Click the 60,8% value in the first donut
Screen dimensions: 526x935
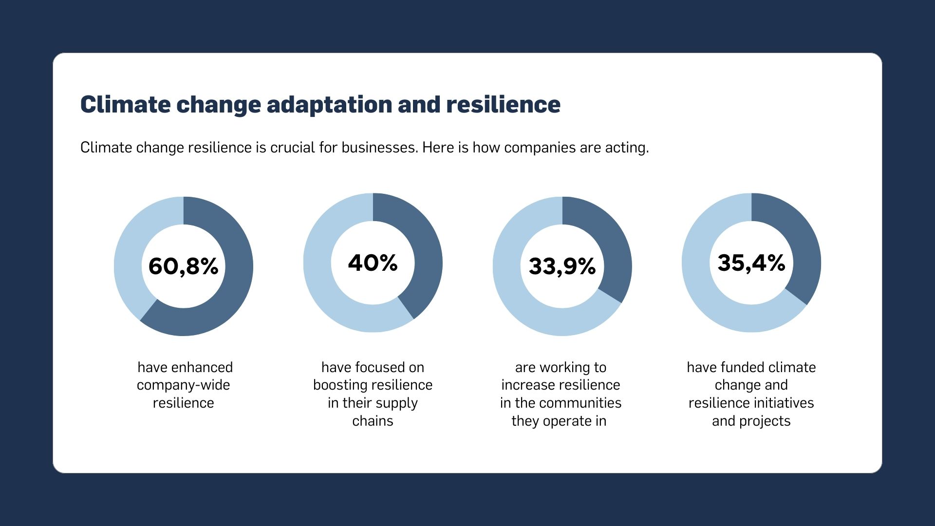pos(183,266)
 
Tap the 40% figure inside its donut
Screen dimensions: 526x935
pos(373,263)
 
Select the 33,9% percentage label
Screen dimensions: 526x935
pos(562,266)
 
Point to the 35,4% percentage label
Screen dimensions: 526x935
pos(751,263)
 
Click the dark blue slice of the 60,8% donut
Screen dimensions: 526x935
pos(229,292)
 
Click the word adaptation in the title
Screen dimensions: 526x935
pos(330,105)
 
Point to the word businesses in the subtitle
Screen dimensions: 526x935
pos(379,148)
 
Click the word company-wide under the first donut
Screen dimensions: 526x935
pos(183,385)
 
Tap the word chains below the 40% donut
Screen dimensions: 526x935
pos(373,421)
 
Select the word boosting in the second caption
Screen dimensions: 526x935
pos(337,385)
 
